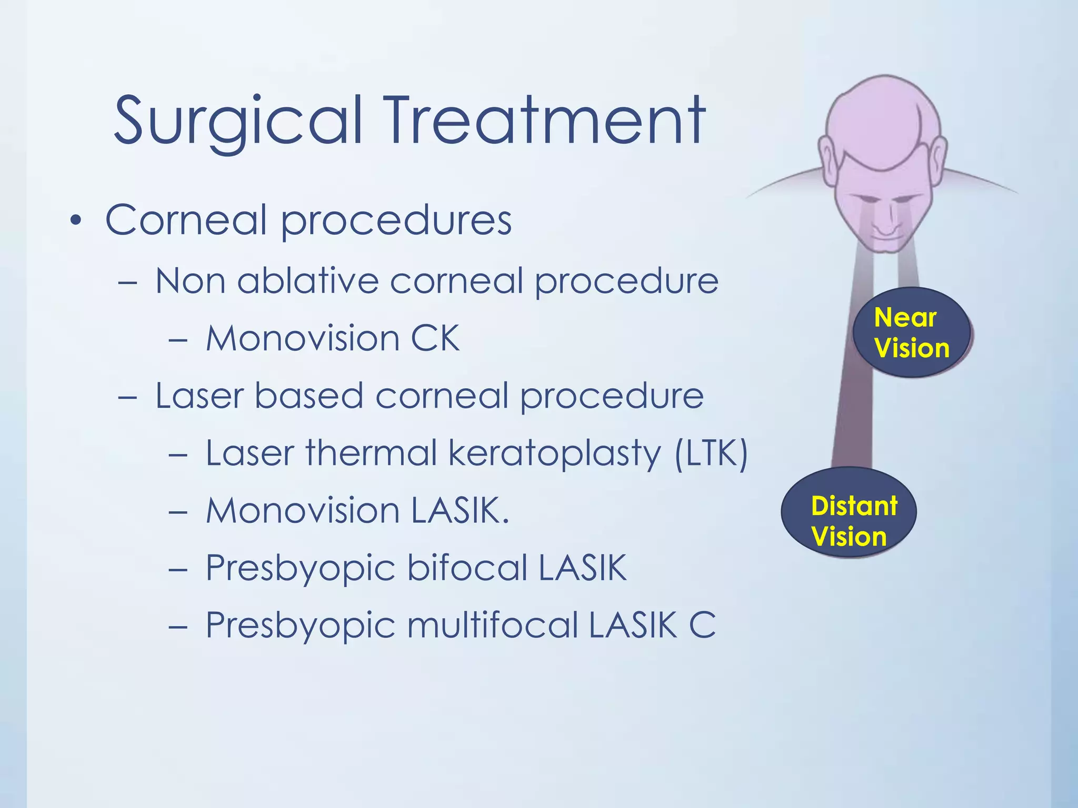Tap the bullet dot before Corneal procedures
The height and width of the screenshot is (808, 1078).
click(76, 221)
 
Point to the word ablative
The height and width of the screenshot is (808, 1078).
click(308, 281)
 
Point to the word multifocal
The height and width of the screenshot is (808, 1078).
click(492, 625)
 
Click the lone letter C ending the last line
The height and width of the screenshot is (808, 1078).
click(702, 625)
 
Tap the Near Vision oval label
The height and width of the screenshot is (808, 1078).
click(912, 332)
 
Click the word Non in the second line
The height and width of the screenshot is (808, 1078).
click(189, 281)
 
